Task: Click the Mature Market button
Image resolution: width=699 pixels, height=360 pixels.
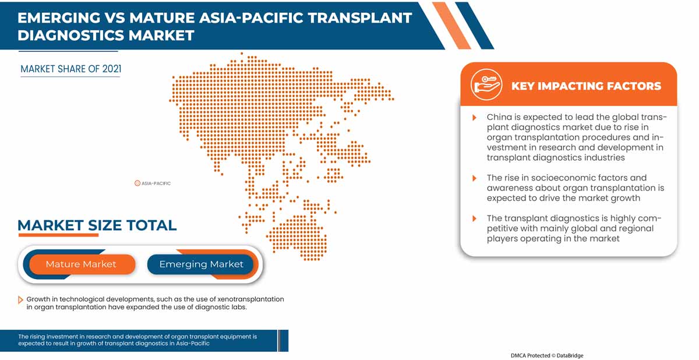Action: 81,264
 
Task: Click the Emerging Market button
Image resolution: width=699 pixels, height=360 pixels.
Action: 201,264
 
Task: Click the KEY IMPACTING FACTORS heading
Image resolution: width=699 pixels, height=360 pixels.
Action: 586,86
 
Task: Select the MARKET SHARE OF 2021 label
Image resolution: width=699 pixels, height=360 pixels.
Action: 71,69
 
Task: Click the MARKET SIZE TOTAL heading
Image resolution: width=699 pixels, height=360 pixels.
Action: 97,225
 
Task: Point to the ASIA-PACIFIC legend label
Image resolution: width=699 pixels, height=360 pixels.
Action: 156,183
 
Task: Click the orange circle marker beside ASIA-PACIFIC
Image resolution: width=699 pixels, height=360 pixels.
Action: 137,183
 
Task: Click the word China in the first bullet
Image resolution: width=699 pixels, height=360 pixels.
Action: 499,117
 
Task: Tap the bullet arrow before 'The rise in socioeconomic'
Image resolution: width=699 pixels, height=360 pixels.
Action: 475,178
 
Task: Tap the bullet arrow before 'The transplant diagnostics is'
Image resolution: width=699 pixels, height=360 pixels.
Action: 475,218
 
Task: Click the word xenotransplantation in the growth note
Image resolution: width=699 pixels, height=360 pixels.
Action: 248,299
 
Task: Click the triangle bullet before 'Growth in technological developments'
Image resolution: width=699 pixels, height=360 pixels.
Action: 21,299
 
